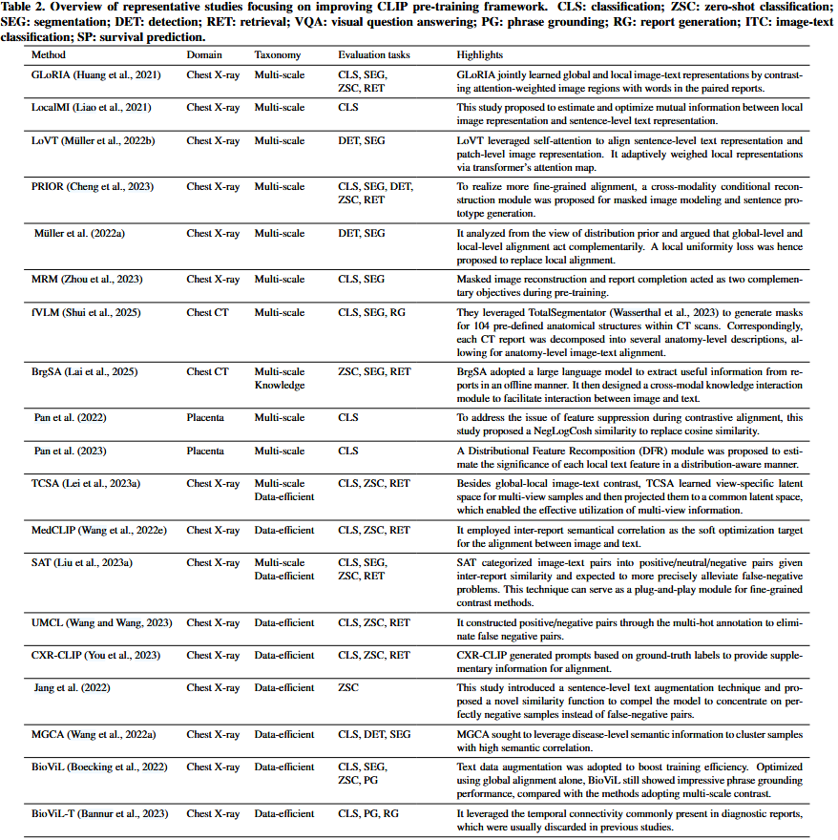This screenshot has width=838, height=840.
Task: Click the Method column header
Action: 49,55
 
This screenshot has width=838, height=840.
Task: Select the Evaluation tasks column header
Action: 374,55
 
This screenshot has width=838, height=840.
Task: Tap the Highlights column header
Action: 480,55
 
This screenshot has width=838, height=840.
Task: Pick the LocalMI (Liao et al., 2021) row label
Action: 92,108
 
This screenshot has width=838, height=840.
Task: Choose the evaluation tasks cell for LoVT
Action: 362,141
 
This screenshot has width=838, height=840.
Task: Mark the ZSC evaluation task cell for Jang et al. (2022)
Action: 348,687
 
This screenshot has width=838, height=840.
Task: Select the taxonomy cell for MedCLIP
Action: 283,530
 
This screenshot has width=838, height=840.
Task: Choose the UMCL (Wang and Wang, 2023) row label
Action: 101,623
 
